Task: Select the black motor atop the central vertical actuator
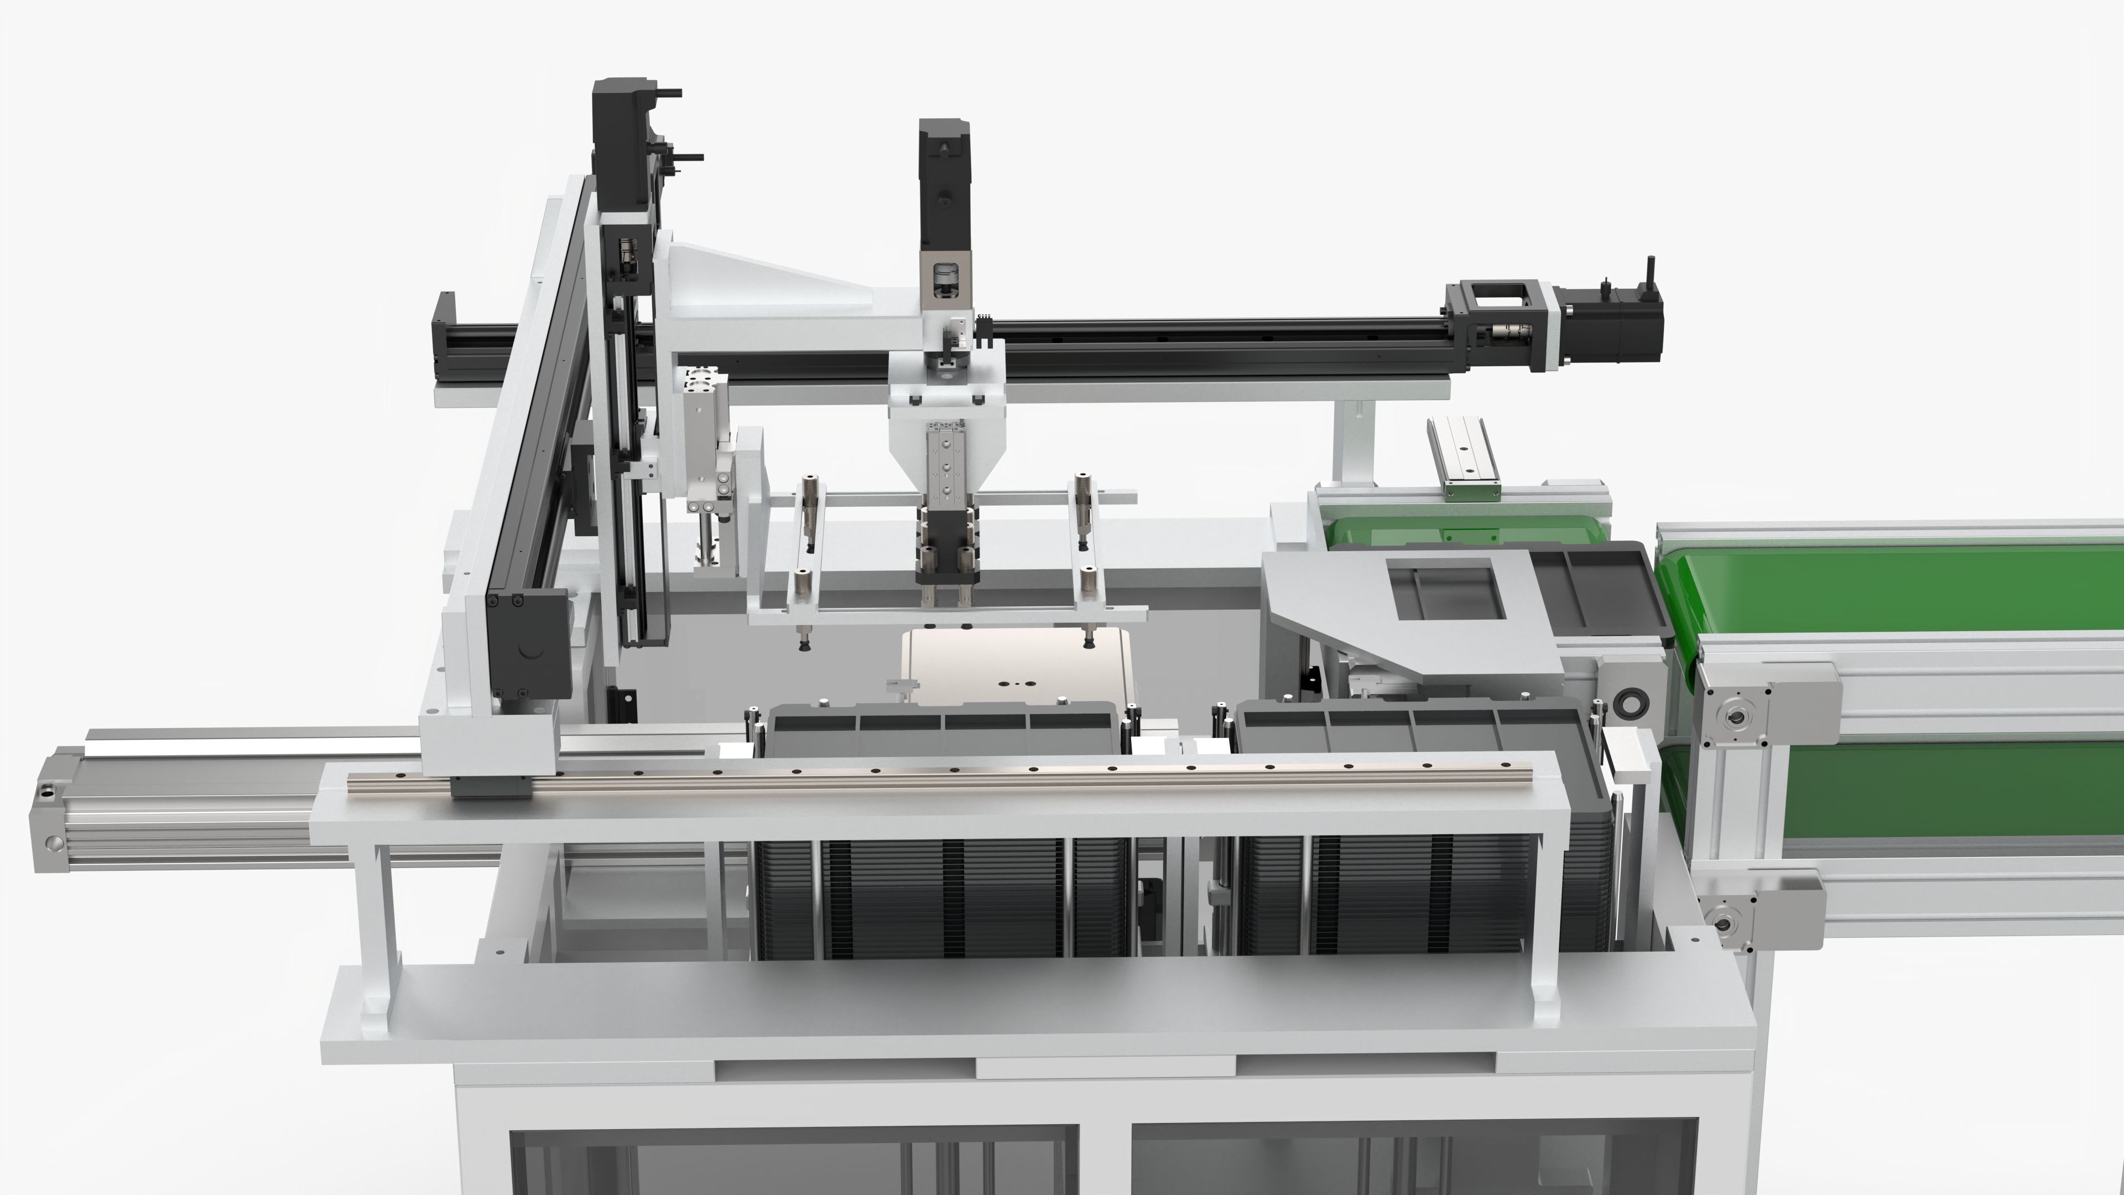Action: tap(944, 181)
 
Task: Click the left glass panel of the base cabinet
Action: tap(792, 1163)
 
